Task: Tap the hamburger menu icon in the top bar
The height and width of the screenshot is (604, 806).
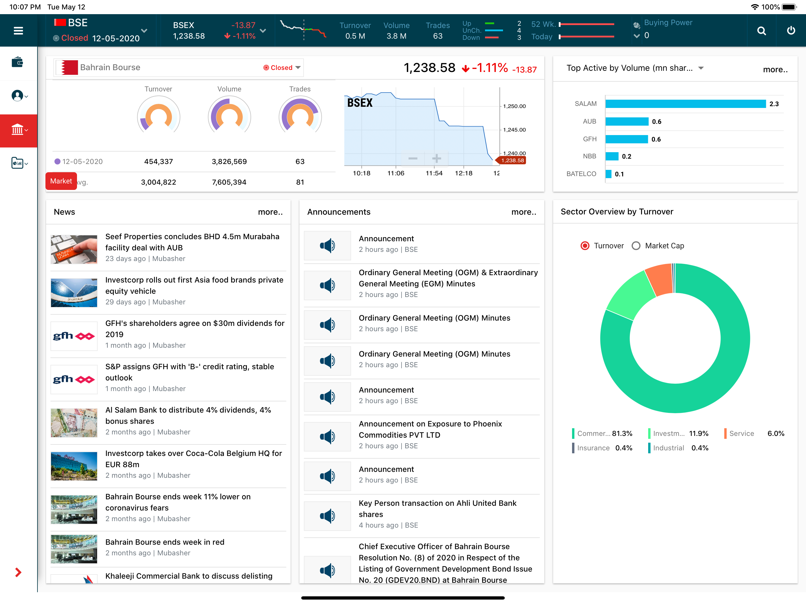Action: (18, 31)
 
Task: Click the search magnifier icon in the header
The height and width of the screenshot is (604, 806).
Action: (761, 31)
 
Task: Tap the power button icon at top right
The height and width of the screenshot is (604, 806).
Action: (791, 31)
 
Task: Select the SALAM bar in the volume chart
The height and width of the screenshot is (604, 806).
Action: (685, 104)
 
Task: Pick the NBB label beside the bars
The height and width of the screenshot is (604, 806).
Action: (589, 156)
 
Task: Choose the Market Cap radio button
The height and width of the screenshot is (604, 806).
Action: (636, 246)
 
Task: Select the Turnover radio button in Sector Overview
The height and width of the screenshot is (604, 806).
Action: (585, 246)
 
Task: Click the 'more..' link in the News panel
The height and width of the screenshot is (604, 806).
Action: (270, 212)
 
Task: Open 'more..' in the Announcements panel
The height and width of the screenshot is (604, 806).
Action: (524, 212)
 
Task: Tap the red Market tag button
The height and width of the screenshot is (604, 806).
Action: (61, 181)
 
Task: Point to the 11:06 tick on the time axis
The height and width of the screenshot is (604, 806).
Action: (396, 173)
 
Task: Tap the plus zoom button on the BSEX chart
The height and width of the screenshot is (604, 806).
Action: (437, 158)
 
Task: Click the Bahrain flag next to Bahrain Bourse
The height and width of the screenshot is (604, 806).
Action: (70, 68)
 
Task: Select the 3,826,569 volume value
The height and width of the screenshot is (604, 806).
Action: (229, 161)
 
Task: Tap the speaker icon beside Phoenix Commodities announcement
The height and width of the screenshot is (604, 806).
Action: (327, 436)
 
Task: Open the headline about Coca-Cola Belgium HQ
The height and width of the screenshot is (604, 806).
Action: (194, 459)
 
